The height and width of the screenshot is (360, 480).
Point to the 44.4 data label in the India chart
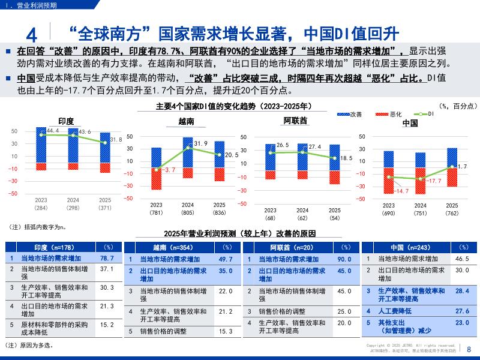click(x=52, y=130)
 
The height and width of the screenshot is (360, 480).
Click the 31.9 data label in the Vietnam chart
click(x=201, y=143)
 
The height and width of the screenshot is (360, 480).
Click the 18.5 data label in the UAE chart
click(x=346, y=158)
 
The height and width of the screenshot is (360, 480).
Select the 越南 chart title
click(x=187, y=121)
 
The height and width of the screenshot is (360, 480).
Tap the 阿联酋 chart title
click(x=295, y=121)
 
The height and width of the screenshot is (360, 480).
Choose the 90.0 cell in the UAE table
click(x=344, y=259)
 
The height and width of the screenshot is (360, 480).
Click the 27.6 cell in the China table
click(x=463, y=311)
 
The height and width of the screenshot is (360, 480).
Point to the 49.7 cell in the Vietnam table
click(x=226, y=259)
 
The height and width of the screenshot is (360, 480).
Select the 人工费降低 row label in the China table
click(x=394, y=311)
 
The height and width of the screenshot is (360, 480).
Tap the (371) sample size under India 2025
click(x=105, y=208)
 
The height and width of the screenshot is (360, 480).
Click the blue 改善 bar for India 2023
click(x=41, y=145)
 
